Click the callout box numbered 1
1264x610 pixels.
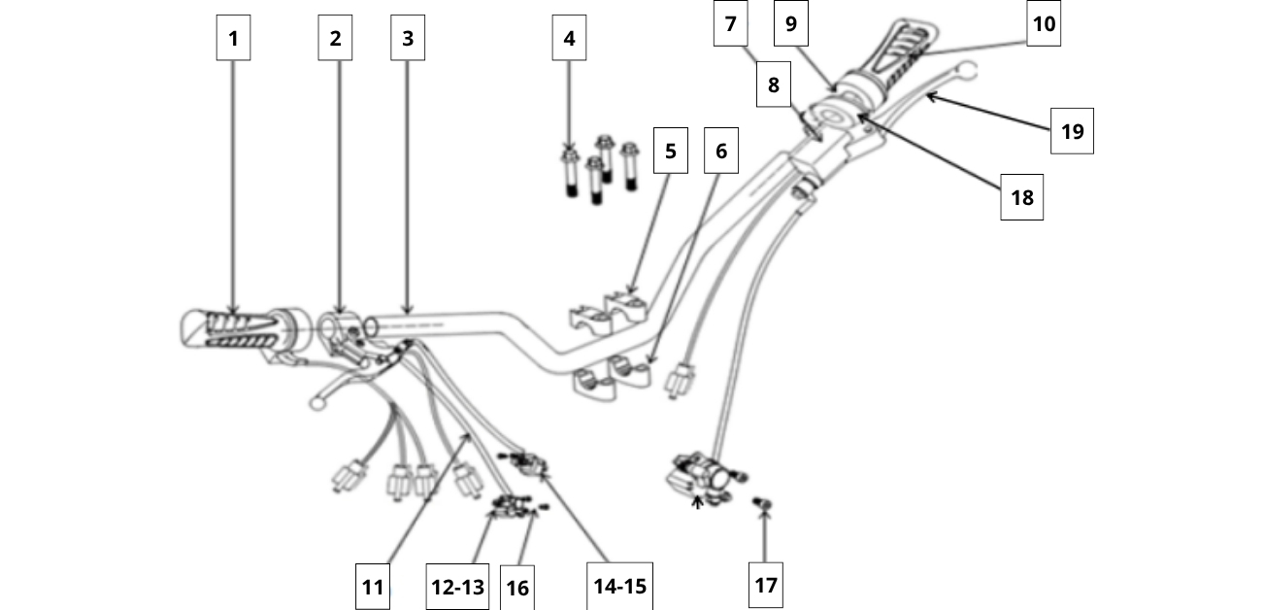click(x=233, y=39)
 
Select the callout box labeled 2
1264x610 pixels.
click(x=335, y=39)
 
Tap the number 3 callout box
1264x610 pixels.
click(x=408, y=39)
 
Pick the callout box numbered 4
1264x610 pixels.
click(x=569, y=39)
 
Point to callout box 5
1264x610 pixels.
click(x=670, y=152)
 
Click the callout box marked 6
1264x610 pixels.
click(x=720, y=152)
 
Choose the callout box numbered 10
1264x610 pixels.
click(x=1044, y=23)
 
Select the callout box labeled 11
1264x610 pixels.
click(x=374, y=587)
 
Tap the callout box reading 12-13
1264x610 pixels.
click(x=456, y=587)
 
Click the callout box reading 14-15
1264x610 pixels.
click(x=619, y=586)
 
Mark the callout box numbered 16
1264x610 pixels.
click(x=517, y=589)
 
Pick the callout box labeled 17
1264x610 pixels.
click(x=765, y=585)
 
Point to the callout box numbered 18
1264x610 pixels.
click(x=1021, y=198)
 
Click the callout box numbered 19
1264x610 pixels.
click(x=1072, y=130)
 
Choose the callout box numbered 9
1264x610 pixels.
click(x=791, y=23)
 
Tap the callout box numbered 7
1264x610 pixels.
click(x=730, y=23)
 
